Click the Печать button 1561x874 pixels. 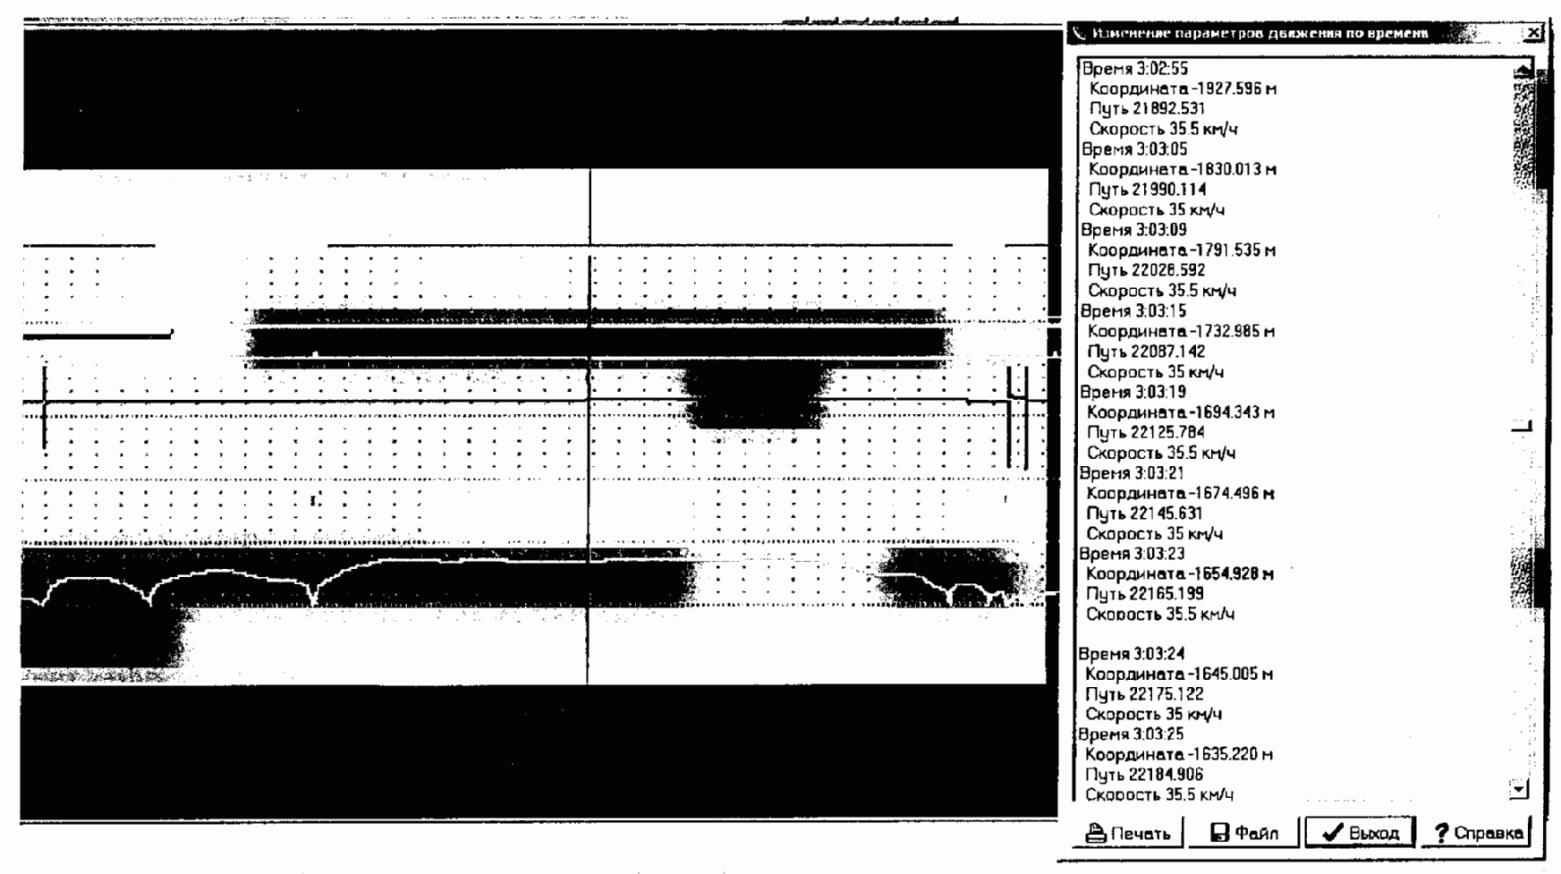pyautogui.click(x=1128, y=833)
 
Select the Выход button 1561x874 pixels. pyautogui.click(x=1360, y=833)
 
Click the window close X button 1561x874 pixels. pyautogui.click(x=1533, y=33)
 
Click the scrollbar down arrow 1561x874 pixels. pyautogui.click(x=1519, y=789)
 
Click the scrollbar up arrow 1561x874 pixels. pyautogui.click(x=1522, y=70)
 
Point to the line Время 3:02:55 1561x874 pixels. pyautogui.click(x=1134, y=69)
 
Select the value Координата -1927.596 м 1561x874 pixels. pyautogui.click(x=1182, y=89)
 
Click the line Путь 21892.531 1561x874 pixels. pyautogui.click(x=1147, y=108)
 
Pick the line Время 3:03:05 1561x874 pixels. pyautogui.click(x=1134, y=149)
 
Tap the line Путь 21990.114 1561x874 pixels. pyautogui.click(x=1147, y=189)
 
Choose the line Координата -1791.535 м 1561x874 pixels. pyautogui.click(x=1181, y=250)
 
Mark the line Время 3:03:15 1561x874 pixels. pyautogui.click(x=1133, y=311)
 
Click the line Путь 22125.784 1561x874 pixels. pyautogui.click(x=1145, y=432)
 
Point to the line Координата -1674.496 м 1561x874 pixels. pyautogui.click(x=1180, y=493)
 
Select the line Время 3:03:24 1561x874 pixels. pyautogui.click(x=1132, y=654)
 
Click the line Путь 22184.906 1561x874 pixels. pyautogui.click(x=1144, y=775)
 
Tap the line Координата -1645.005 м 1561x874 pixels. pyautogui.click(x=1178, y=674)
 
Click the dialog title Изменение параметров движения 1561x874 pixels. pyautogui.click(x=1260, y=33)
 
